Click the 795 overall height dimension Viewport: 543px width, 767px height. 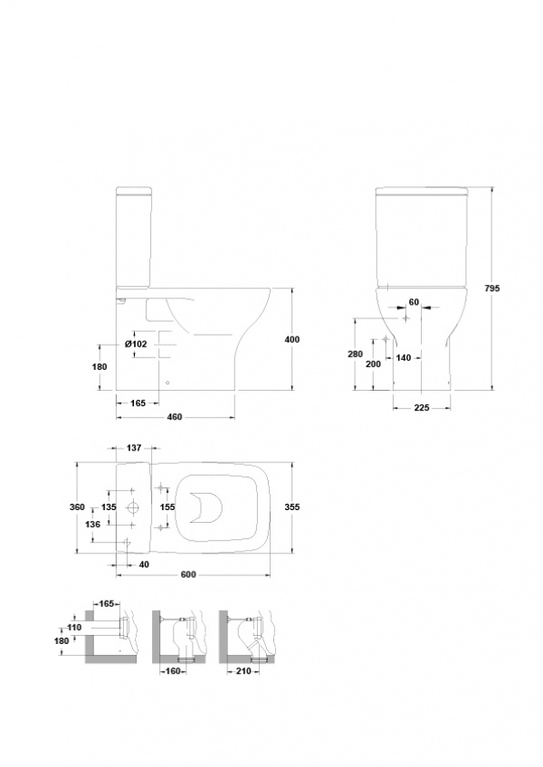pos(492,289)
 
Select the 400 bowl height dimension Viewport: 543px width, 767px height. pos(291,339)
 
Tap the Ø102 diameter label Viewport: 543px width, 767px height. pos(136,344)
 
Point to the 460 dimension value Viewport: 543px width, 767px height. pos(175,417)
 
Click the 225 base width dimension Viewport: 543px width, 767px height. pos(422,407)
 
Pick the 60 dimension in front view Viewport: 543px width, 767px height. pos(414,302)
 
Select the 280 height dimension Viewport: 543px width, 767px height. pos(356,355)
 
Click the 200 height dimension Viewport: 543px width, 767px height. pos(373,364)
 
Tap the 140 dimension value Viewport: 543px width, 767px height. pos(404,358)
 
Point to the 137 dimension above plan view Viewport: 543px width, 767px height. pos(134,448)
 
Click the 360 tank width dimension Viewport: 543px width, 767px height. pos(77,507)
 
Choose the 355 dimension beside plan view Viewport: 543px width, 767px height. pos(291,507)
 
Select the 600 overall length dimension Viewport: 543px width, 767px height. pos(188,574)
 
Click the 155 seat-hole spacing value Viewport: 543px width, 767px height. pos(167,507)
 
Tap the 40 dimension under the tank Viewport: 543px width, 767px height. pos(144,564)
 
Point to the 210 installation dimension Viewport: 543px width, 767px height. pos(243,670)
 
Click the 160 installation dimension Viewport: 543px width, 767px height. pos(174,671)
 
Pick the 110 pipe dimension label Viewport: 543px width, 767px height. pos(74,627)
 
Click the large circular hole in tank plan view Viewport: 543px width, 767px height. pos(132,507)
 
